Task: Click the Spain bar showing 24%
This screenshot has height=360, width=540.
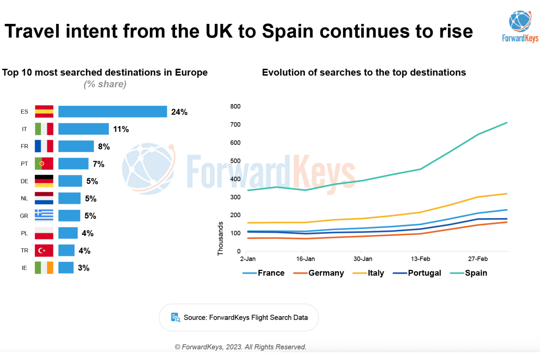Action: pos(112,112)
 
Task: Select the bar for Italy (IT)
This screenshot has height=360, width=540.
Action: pos(83,129)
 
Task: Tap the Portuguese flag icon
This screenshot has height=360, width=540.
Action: pos(44,164)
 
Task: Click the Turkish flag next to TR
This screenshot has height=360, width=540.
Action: pos(44,251)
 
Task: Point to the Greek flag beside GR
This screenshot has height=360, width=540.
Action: pos(44,216)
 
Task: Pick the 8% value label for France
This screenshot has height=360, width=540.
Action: pos(104,146)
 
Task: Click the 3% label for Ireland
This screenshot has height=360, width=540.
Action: pos(83,268)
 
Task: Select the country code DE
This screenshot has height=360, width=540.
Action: pos(24,181)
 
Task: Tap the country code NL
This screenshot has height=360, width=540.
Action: pos(24,199)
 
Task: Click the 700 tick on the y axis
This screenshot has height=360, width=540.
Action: pos(235,124)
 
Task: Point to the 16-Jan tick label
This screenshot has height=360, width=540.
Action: pos(305,259)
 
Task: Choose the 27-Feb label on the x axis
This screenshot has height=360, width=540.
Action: pos(478,259)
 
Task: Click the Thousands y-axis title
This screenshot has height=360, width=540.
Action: pos(220,238)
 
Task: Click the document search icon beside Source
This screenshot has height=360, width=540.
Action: pos(175,317)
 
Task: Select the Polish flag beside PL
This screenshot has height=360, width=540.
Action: pos(44,233)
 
